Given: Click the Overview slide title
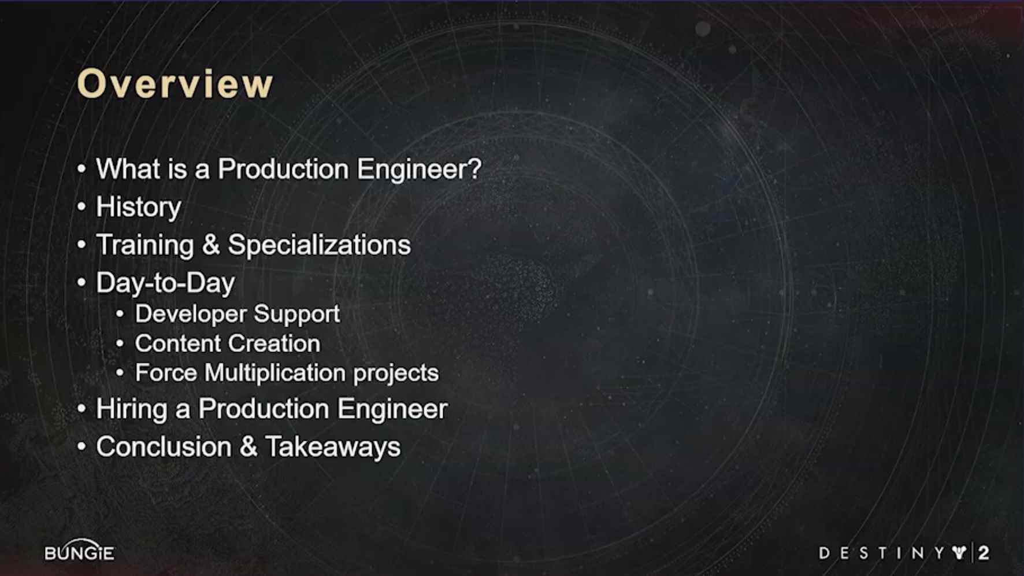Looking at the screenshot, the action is (x=175, y=84).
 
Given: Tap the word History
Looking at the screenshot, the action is (x=139, y=207).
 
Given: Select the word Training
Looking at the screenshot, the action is (x=145, y=245).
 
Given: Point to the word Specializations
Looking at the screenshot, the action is (x=319, y=245).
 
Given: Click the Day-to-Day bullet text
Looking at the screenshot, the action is (x=165, y=283).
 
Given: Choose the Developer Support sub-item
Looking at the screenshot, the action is (x=237, y=314).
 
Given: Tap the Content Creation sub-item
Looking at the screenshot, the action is (x=228, y=344).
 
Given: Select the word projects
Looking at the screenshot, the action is (x=396, y=374).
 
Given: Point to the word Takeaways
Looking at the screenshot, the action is (x=332, y=447).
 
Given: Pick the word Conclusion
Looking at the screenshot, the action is (x=164, y=447).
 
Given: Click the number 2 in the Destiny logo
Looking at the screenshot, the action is (x=984, y=553).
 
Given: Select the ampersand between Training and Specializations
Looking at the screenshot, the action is (x=211, y=245).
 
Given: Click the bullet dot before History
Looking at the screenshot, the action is (x=81, y=207).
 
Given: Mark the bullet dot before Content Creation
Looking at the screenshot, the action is (x=120, y=344).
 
